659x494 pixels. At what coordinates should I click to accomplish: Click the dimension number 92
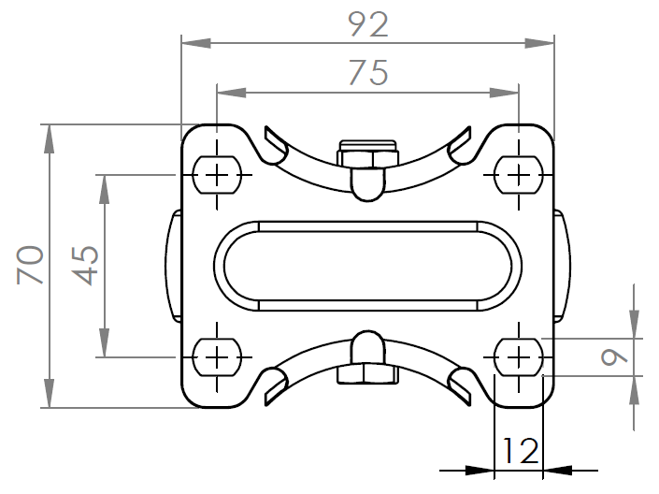(x=367, y=25)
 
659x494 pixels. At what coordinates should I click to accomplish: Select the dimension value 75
(x=367, y=73)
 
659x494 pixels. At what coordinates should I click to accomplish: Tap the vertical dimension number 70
(x=28, y=266)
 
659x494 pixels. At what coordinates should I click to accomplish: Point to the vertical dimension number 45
(x=85, y=266)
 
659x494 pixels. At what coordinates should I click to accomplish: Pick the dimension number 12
(x=518, y=452)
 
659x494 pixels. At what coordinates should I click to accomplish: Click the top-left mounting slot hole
(x=217, y=173)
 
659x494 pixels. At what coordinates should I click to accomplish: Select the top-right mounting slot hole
(x=517, y=173)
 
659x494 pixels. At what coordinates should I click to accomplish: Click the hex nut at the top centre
(x=367, y=153)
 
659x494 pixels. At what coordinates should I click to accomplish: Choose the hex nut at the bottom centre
(x=367, y=375)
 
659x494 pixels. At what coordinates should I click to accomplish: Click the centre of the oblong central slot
(x=367, y=265)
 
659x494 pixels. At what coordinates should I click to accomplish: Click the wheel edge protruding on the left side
(x=174, y=265)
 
